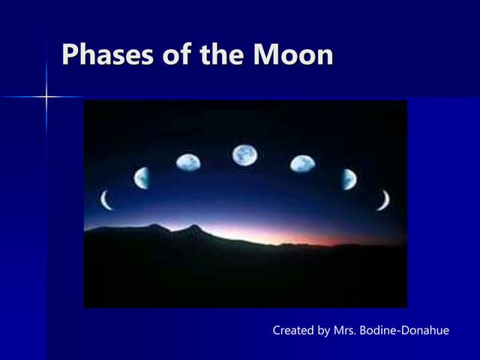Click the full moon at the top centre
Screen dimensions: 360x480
pos(244,155)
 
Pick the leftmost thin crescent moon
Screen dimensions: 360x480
pos(106,200)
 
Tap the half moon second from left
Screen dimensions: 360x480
pos(142,178)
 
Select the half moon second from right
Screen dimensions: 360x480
pos(349,178)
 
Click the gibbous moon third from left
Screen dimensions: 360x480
pos(188,162)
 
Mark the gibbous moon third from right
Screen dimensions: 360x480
pos(302,163)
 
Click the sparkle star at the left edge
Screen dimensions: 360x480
pos(46,97)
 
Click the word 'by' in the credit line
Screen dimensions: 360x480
pos(324,331)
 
